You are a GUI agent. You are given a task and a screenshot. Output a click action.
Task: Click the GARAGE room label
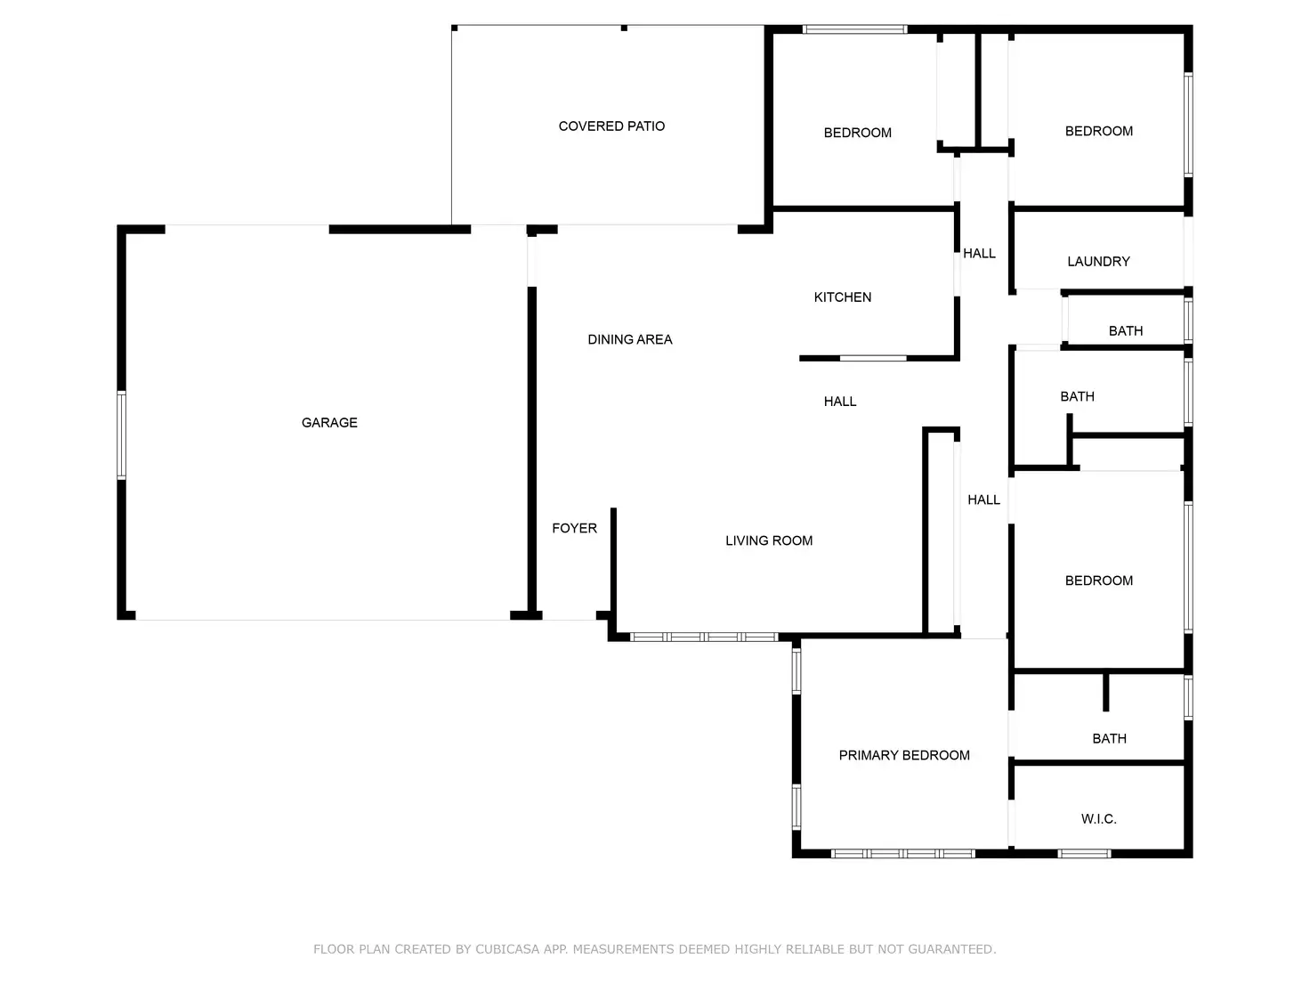click(x=329, y=423)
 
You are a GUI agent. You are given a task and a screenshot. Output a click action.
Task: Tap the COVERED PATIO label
click(x=611, y=126)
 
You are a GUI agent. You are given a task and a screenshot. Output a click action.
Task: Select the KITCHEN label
click(x=842, y=297)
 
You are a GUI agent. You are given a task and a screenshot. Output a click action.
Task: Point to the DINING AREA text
click(x=629, y=339)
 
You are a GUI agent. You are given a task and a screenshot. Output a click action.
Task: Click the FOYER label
click(x=574, y=529)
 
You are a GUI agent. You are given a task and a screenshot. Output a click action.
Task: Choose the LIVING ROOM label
click(x=769, y=540)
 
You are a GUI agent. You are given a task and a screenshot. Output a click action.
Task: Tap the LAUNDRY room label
click(x=1098, y=262)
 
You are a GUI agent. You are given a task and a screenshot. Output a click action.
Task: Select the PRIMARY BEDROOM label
click(x=904, y=755)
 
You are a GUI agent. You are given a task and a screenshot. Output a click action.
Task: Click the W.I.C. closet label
click(x=1098, y=819)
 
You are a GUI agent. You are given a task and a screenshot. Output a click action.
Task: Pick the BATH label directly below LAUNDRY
click(x=1125, y=331)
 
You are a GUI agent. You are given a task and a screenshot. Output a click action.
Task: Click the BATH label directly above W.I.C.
click(x=1109, y=739)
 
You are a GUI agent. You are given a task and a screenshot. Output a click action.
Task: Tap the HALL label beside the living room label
click(x=983, y=500)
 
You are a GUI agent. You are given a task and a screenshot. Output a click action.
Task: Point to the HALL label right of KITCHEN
click(x=979, y=254)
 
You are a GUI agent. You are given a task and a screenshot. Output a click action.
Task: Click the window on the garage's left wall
click(x=122, y=435)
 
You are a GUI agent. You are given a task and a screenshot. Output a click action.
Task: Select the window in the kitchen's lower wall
click(x=873, y=358)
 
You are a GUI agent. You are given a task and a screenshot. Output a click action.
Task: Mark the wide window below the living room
click(x=704, y=637)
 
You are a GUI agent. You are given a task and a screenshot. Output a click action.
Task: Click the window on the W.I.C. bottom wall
click(x=1084, y=853)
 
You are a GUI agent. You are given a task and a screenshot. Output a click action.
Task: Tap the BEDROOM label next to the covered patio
click(x=857, y=133)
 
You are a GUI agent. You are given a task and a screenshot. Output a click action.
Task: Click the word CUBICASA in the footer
click(x=507, y=949)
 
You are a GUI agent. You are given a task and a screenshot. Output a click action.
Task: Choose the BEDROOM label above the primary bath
click(x=1098, y=581)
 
